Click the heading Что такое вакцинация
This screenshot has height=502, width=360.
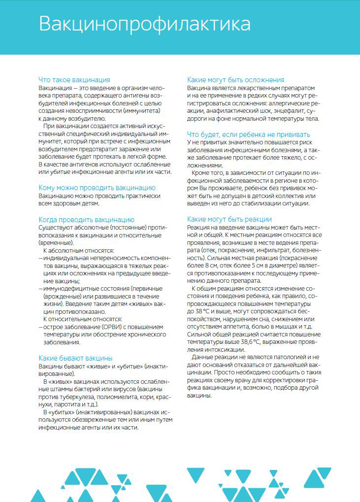pyautogui.click(x=74, y=79)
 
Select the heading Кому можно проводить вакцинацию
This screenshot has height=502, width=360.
pyautogui.click(x=97, y=188)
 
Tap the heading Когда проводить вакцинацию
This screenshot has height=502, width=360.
pyautogui.click(x=86, y=220)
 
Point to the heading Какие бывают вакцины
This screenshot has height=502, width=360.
pyautogui.click(x=75, y=358)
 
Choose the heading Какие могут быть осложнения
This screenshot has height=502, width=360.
pyautogui.click(x=235, y=79)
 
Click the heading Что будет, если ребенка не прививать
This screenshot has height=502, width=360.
pyautogui.click(x=249, y=134)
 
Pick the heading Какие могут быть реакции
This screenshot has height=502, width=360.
pyautogui.click(x=229, y=219)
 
